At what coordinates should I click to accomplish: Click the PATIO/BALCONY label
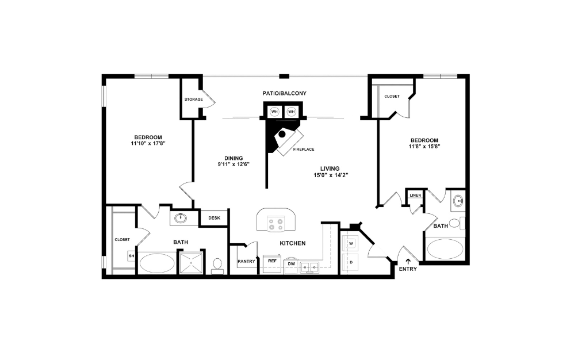click(x=281, y=93)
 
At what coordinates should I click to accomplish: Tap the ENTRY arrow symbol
click(x=408, y=261)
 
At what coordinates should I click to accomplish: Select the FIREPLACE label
click(x=303, y=150)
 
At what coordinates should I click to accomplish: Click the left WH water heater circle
click(x=275, y=112)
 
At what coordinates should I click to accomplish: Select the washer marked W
click(x=351, y=243)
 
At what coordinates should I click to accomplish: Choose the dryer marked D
click(x=351, y=262)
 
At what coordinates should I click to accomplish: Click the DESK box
click(x=214, y=218)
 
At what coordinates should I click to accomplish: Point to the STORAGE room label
click(x=193, y=99)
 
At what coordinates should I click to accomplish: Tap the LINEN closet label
click(x=415, y=196)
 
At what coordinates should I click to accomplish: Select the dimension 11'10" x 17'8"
click(x=148, y=143)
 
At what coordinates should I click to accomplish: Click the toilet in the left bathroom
click(x=217, y=265)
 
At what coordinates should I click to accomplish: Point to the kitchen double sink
click(x=311, y=267)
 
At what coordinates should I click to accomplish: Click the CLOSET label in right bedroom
click(x=392, y=97)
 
